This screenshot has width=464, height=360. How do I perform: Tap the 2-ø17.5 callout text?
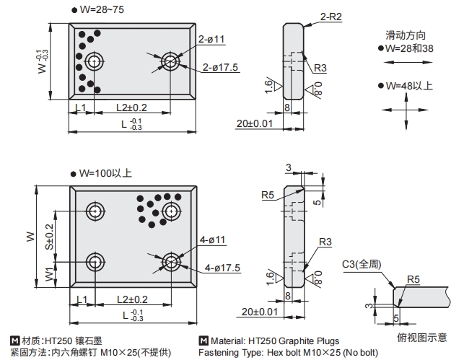click(220, 68)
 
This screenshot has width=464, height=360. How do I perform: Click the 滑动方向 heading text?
click(406, 35)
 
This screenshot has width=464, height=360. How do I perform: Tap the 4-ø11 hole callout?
click(213, 240)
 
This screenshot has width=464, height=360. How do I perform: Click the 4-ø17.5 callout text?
click(222, 268)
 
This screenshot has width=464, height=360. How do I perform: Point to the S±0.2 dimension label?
click(49, 236)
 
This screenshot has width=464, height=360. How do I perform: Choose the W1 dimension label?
click(49, 274)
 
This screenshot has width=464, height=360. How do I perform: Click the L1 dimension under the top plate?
click(80, 107)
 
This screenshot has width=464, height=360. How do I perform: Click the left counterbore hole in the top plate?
click(93, 61)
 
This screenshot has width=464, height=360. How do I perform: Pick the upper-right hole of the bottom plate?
click(171, 211)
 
